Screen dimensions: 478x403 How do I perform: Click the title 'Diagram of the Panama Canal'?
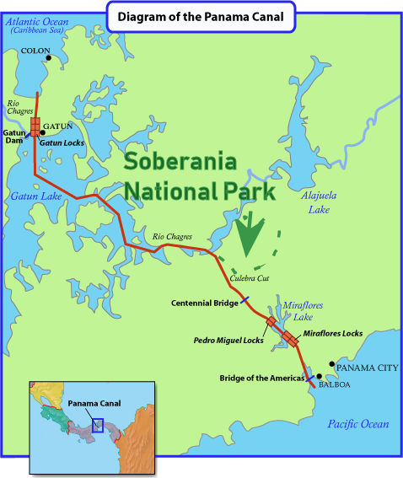(201, 16)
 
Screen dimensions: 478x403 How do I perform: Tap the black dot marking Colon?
(49, 58)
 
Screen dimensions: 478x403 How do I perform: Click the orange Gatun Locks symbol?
(35, 126)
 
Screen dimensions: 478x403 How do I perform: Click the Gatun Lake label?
(35, 196)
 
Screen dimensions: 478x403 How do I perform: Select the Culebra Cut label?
(250, 277)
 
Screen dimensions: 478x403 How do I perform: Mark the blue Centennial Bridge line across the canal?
(244, 299)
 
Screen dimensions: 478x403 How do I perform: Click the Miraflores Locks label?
(333, 334)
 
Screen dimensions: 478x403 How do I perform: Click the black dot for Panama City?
(331, 368)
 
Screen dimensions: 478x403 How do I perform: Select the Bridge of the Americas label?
(261, 378)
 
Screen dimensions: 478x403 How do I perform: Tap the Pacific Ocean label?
(358, 424)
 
